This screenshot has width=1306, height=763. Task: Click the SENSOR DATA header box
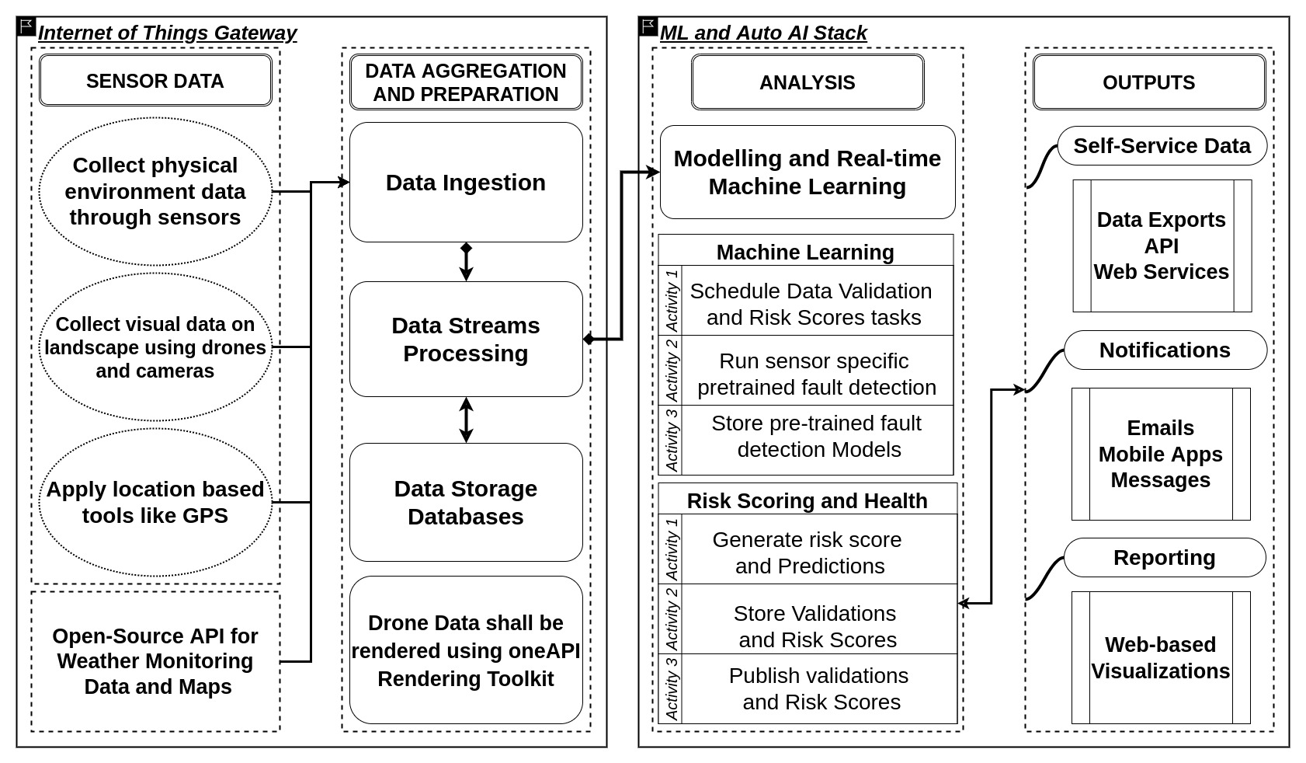coord(155,80)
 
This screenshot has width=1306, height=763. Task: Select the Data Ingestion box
coord(466,182)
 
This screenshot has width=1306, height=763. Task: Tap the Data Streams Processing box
coord(466,339)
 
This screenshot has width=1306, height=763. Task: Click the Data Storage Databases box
coord(466,502)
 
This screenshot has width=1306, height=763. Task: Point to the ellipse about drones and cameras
coord(155,347)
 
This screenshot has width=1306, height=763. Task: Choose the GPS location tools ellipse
coord(155,502)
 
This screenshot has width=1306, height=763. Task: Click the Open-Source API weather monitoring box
coord(155,661)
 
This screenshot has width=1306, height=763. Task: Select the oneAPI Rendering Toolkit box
coord(466,650)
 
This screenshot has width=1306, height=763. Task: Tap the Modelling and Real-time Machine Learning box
coord(808,172)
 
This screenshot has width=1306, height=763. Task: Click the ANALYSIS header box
coord(808,82)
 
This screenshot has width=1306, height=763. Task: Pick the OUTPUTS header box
coord(1149,82)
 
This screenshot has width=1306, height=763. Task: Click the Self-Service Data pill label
coord(1162,146)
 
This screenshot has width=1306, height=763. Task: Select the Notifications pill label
coord(1165,350)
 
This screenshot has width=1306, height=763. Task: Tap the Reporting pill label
coord(1164,557)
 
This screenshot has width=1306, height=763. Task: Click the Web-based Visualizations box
coord(1161,657)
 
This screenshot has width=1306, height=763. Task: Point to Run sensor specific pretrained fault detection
coord(816,374)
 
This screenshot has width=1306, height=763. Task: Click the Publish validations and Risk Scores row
coord(819,688)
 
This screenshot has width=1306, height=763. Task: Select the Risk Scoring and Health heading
coord(808,500)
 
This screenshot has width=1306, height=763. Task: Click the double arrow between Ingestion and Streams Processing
coord(466,262)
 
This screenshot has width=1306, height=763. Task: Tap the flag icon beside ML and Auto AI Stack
coord(648,26)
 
